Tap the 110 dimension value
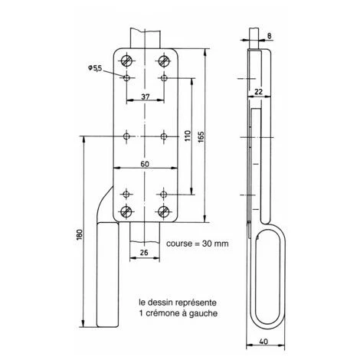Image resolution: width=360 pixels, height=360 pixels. click(186, 135)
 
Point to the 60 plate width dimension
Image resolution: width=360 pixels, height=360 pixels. click(145, 164)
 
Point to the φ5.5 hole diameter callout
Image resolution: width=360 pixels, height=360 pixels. click(96, 68)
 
